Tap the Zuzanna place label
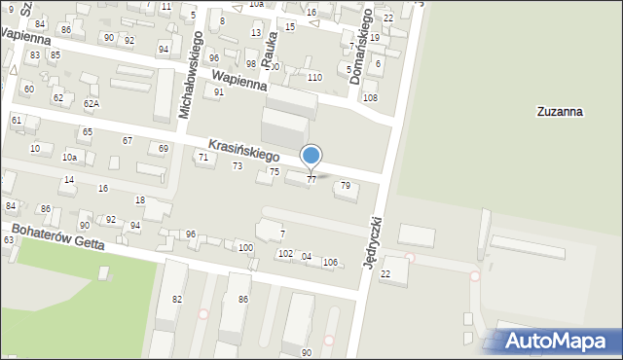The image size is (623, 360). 560,112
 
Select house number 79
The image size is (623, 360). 346,185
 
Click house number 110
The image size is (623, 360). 314,77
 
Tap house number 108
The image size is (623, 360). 370,97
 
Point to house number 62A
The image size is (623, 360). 91,103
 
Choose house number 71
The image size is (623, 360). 203,157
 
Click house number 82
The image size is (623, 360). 177,299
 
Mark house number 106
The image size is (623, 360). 330,262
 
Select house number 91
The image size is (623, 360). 219,91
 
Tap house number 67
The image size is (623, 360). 128,140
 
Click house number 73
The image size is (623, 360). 238,166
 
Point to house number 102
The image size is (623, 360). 285,253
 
